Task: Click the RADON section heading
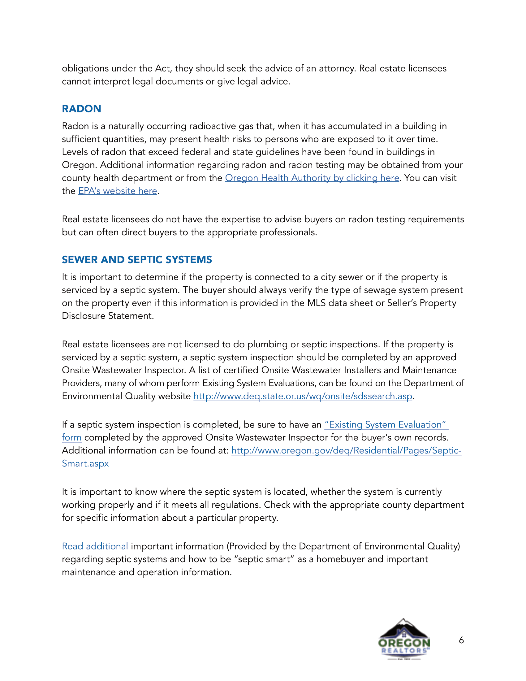(x=81, y=109)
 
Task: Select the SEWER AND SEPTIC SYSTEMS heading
(x=137, y=259)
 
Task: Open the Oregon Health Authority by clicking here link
(x=312, y=178)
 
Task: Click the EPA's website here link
(x=118, y=191)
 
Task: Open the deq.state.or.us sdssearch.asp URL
(x=303, y=396)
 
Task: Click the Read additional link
(x=95, y=546)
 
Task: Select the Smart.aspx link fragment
(x=85, y=463)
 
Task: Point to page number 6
(x=461, y=640)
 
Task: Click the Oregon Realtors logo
(x=404, y=639)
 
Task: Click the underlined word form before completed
(x=72, y=437)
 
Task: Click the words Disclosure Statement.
(x=108, y=316)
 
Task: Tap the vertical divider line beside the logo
(x=440, y=640)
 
